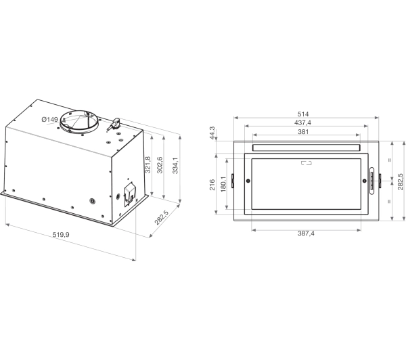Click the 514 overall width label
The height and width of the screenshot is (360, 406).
click(x=304, y=113)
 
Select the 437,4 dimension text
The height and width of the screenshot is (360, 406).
click(x=304, y=122)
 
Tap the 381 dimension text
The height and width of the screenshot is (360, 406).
click(x=304, y=132)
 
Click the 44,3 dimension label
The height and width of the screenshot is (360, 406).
click(x=212, y=132)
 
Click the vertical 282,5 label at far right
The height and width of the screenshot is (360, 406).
click(x=400, y=181)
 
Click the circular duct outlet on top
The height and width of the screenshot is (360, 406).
click(x=81, y=120)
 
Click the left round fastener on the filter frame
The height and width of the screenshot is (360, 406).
click(x=248, y=181)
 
